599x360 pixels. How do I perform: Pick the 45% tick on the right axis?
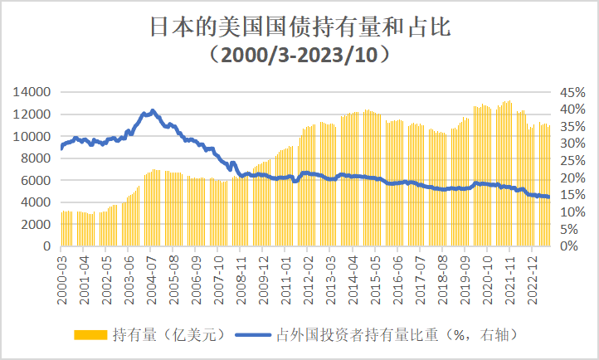click(x=572, y=92)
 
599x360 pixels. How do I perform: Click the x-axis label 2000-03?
click(x=63, y=278)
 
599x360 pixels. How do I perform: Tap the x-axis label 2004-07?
click(x=152, y=278)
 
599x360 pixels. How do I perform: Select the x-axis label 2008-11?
click(x=241, y=278)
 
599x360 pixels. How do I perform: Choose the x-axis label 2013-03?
click(x=329, y=278)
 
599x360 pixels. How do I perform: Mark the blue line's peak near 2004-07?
click(x=152, y=110)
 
